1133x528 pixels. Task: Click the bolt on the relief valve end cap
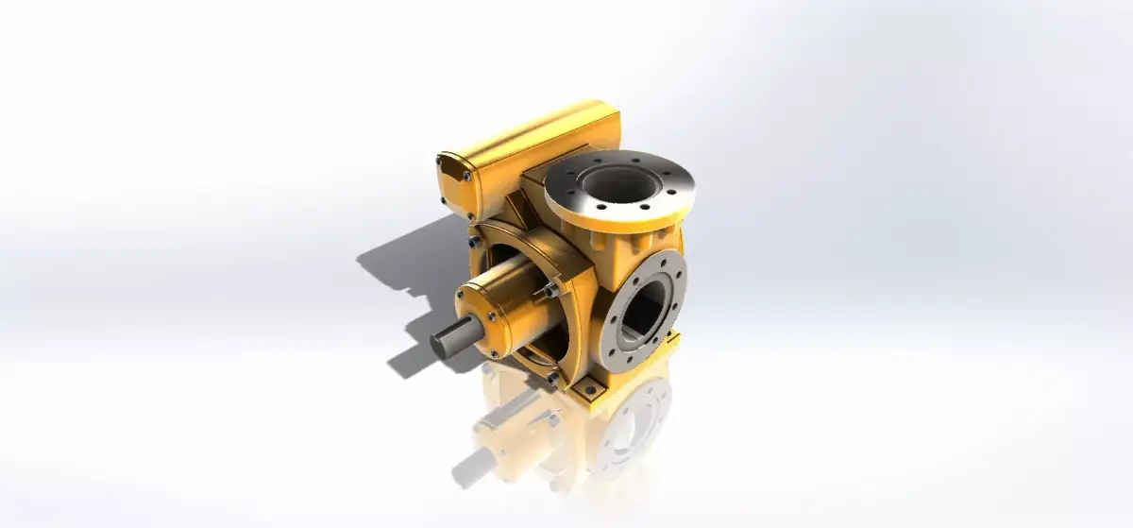(467, 175)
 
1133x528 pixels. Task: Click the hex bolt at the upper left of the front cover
(472, 244)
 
